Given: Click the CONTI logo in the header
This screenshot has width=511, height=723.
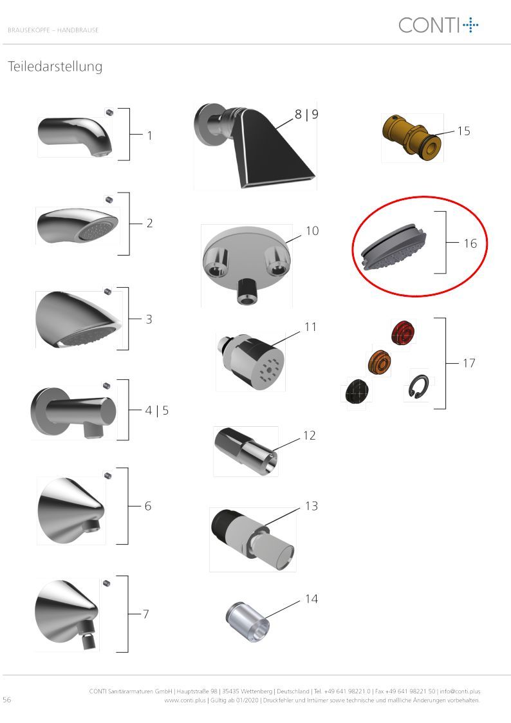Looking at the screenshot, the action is coord(438,25).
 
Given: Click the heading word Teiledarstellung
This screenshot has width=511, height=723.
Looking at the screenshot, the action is coord(55,66).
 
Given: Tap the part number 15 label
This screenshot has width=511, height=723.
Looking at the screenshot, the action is coord(463,131).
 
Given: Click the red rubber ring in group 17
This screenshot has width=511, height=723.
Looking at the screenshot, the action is coord(403,332).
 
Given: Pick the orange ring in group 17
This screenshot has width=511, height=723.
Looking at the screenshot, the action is coord(379,362).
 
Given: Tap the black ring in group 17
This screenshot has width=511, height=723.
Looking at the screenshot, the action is coord(357,391).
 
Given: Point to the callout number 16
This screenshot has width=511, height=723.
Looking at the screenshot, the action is coord(470,243).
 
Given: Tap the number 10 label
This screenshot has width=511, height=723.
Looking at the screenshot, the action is coord(312,230).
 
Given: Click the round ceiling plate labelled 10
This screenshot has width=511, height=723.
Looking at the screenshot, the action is coord(246,265).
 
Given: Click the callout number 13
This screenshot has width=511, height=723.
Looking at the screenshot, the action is coord(311,506).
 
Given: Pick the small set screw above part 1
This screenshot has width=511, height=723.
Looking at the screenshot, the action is coord(109,111).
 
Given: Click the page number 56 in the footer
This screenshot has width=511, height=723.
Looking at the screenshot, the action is coord(7,699).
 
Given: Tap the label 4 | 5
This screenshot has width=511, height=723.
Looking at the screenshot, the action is coord(156,410).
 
